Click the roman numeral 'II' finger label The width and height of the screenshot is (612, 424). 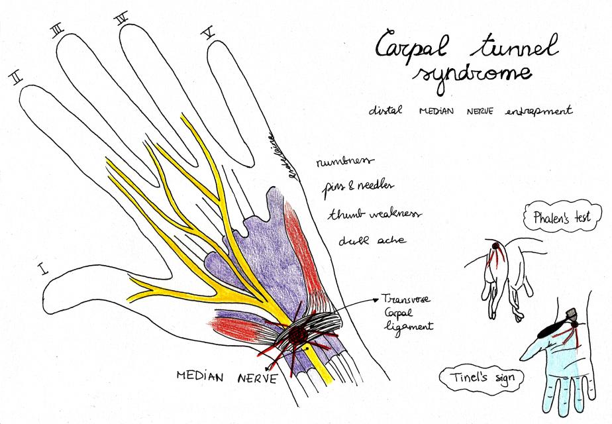pyautogui.click(x=17, y=79)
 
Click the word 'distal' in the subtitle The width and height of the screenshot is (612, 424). pyautogui.click(x=385, y=111)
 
